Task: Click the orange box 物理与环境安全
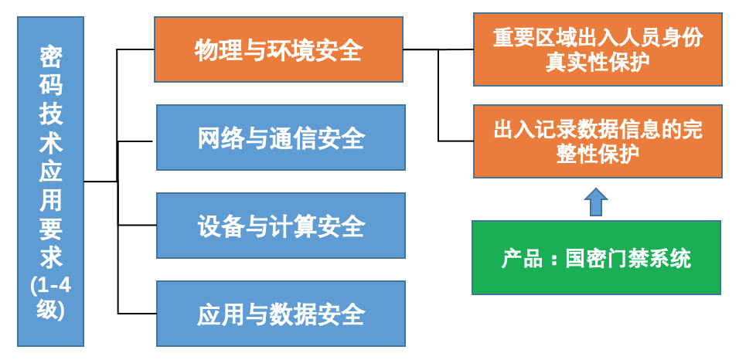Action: point(278,50)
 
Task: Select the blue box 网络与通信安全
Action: point(281,138)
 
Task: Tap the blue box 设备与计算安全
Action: point(281,226)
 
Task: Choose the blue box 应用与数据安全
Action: point(281,314)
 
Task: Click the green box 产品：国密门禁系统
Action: point(596,258)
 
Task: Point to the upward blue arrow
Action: point(595,202)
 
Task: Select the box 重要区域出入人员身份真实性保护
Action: point(598,49)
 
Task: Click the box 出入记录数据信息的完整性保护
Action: point(598,141)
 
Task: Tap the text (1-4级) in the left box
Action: point(51,297)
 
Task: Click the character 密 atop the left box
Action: point(51,59)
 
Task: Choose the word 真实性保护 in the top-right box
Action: point(598,62)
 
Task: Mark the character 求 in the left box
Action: point(51,256)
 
